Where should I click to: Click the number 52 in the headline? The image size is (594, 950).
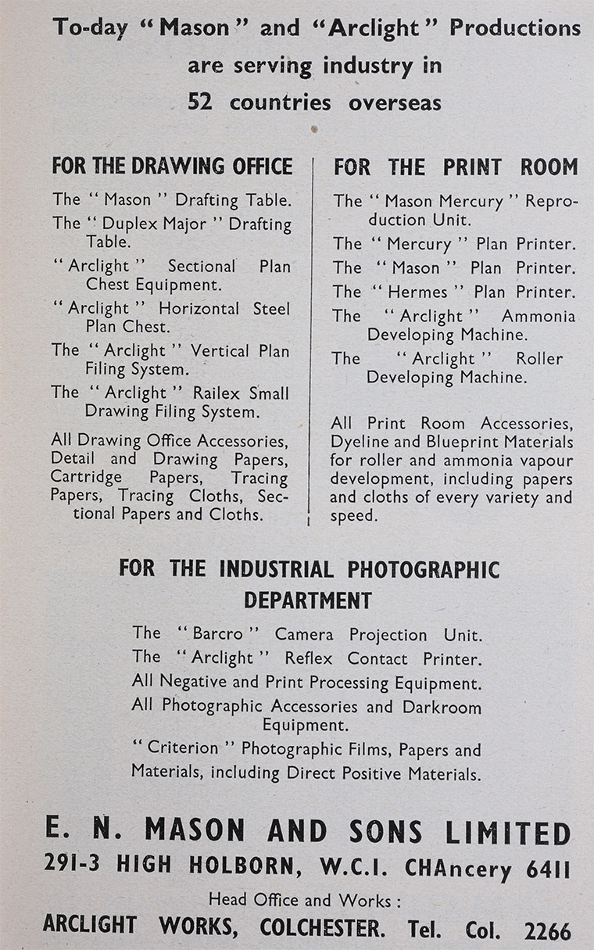[200, 102]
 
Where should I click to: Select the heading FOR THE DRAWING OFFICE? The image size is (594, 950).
[172, 167]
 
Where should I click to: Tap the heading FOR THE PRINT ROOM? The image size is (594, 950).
[456, 167]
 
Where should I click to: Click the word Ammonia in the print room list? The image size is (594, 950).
[539, 317]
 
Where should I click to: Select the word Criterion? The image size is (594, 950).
[184, 748]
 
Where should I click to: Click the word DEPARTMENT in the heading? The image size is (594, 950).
[307, 600]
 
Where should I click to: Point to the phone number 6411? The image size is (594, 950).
[547, 869]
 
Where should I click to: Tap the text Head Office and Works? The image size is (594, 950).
[305, 900]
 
